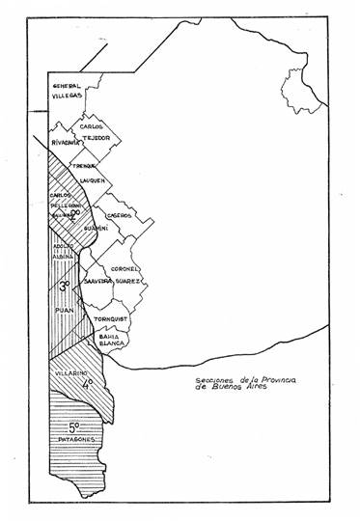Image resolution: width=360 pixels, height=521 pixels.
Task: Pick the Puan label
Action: [64, 310]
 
